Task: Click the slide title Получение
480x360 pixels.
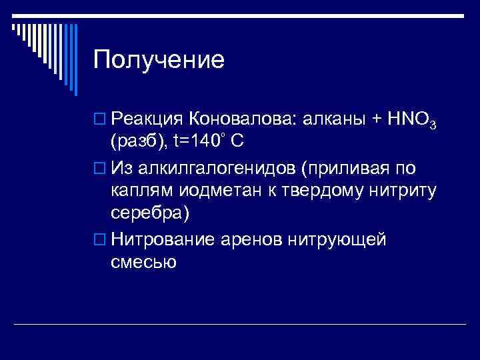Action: [159, 61]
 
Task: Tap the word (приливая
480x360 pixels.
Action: [351, 167]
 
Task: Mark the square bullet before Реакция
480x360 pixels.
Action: [100, 121]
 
